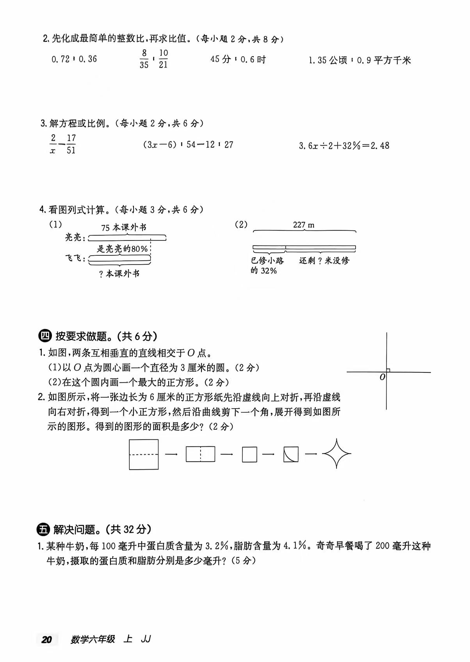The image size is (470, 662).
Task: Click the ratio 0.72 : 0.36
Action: pyautogui.click(x=74, y=59)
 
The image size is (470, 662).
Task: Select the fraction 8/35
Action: pyautogui.click(x=144, y=59)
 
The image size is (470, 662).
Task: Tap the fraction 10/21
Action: pyautogui.click(x=163, y=59)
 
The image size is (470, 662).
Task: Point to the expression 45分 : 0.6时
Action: pyautogui.click(x=238, y=59)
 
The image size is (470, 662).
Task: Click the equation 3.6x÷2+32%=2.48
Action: pyautogui.click(x=344, y=146)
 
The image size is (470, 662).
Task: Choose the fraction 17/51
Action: pyautogui.click(x=71, y=144)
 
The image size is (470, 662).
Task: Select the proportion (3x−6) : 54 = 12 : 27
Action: pyautogui.click(x=188, y=144)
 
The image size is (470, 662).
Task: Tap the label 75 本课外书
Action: pyautogui.click(x=123, y=228)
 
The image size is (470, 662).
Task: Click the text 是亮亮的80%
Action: pyautogui.click(x=122, y=249)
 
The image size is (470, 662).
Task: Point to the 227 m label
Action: pyautogui.click(x=304, y=225)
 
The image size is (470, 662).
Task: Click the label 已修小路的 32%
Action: pyautogui.click(x=267, y=265)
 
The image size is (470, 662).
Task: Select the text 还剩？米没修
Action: pyautogui.click(x=324, y=260)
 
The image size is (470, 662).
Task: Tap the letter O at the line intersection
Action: pyautogui.click(x=383, y=377)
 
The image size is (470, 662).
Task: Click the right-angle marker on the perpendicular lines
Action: pyautogui.click(x=388, y=370)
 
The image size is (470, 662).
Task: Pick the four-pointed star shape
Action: pyautogui.click(x=336, y=454)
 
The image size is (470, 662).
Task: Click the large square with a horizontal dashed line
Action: pyautogui.click(x=144, y=454)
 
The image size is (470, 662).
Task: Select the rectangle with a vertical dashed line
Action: pyautogui.click(x=200, y=454)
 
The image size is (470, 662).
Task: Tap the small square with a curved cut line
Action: pyautogui.click(x=291, y=454)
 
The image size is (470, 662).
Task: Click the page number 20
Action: pyautogui.click(x=47, y=639)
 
